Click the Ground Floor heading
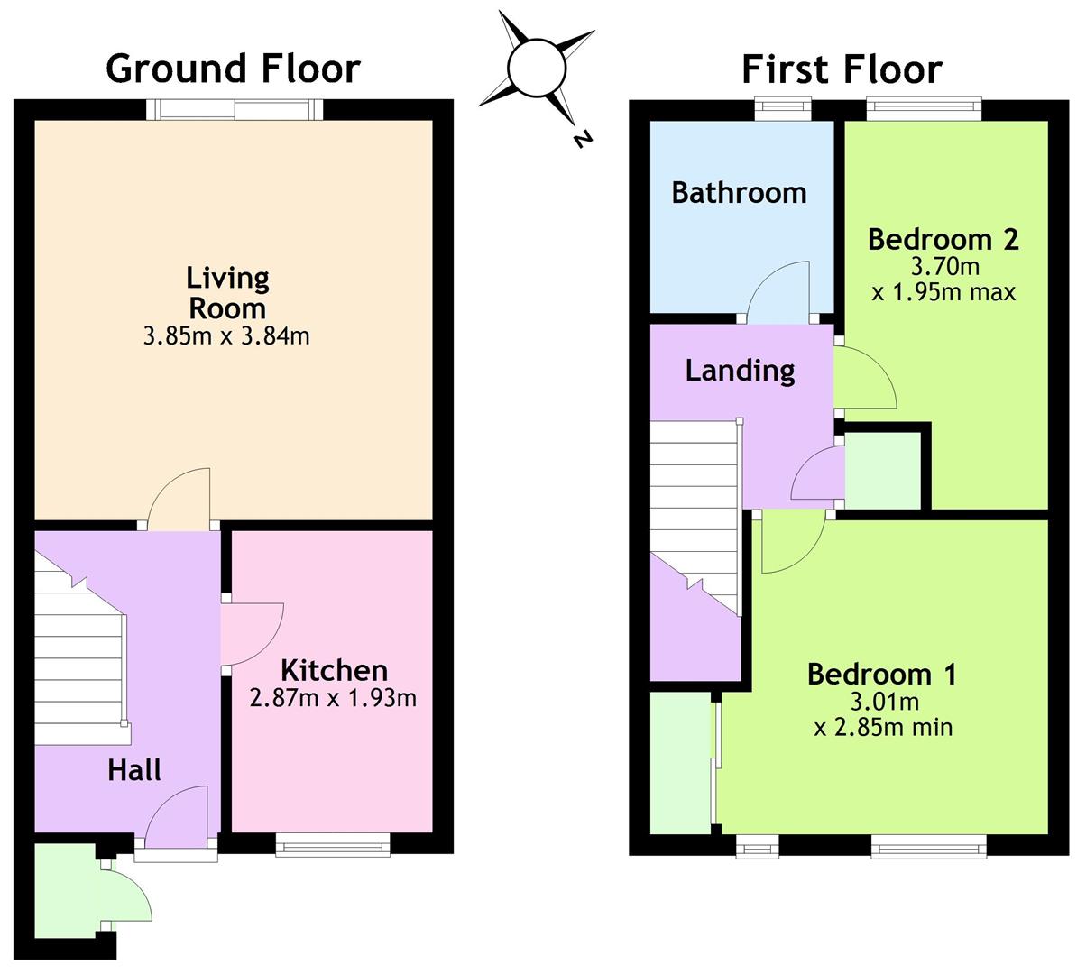[234, 68]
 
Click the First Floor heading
[842, 69]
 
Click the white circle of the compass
[537, 68]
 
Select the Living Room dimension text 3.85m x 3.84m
[226, 336]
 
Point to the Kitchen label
[334, 671]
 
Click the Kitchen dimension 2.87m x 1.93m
[333, 698]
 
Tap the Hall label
[134, 770]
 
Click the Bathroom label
[740, 192]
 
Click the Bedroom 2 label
[943, 239]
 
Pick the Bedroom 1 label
[882, 675]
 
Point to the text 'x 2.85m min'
[883, 728]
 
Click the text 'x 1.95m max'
[943, 292]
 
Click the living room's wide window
[235, 109]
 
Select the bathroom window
[783, 109]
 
